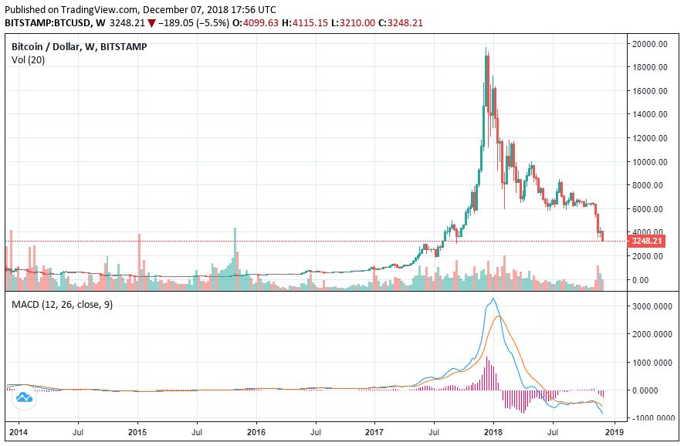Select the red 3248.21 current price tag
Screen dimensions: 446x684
pos(646,241)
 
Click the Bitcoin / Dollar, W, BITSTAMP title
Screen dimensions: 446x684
pos(79,47)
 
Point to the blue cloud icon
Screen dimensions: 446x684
pos(23,398)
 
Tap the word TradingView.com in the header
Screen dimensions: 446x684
pos(95,9)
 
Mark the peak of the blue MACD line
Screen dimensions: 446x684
pos(493,299)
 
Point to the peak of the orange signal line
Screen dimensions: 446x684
pos(499,316)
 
